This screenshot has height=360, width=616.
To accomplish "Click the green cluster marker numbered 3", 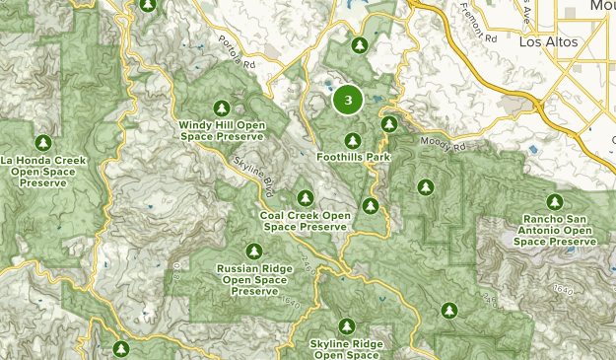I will pos(348,100).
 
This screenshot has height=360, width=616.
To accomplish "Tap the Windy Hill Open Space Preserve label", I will pos(222,130).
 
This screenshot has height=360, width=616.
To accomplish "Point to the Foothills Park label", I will pos(354,157).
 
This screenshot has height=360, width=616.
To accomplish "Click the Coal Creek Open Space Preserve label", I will pos(306,221).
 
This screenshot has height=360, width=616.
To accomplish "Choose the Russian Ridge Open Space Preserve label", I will pos(255,278).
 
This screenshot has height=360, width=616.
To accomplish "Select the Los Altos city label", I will pos(545,42).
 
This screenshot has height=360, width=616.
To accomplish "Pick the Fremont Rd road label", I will pos(479,26).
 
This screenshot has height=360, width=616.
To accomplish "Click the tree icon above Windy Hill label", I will pos(222,108).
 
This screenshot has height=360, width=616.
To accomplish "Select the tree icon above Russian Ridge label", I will pos(255,251).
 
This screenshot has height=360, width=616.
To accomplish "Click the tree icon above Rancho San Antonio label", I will pos(555,201).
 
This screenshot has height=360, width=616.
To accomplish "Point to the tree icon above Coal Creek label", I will pos(306,197).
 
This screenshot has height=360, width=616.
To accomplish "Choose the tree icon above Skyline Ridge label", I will pos(347,325).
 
